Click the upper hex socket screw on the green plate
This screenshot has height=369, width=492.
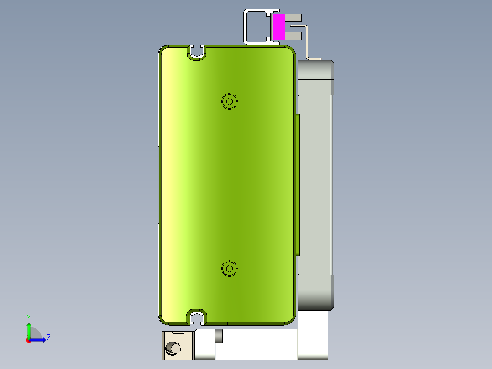[230, 101]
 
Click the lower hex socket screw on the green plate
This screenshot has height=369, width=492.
[230, 269]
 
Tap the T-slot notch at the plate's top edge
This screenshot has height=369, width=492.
[197, 53]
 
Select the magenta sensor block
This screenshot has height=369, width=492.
[278, 26]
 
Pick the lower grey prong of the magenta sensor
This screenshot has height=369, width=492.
[296, 34]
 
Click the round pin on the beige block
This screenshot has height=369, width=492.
[173, 348]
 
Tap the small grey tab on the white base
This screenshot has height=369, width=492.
[219, 336]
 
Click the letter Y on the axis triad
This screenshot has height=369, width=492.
[29, 317]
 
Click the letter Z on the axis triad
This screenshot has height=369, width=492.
[48, 337]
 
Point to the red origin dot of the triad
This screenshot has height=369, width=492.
[29, 340]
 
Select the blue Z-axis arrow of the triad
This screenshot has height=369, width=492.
[39, 340]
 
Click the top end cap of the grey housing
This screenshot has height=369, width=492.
[315, 77]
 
